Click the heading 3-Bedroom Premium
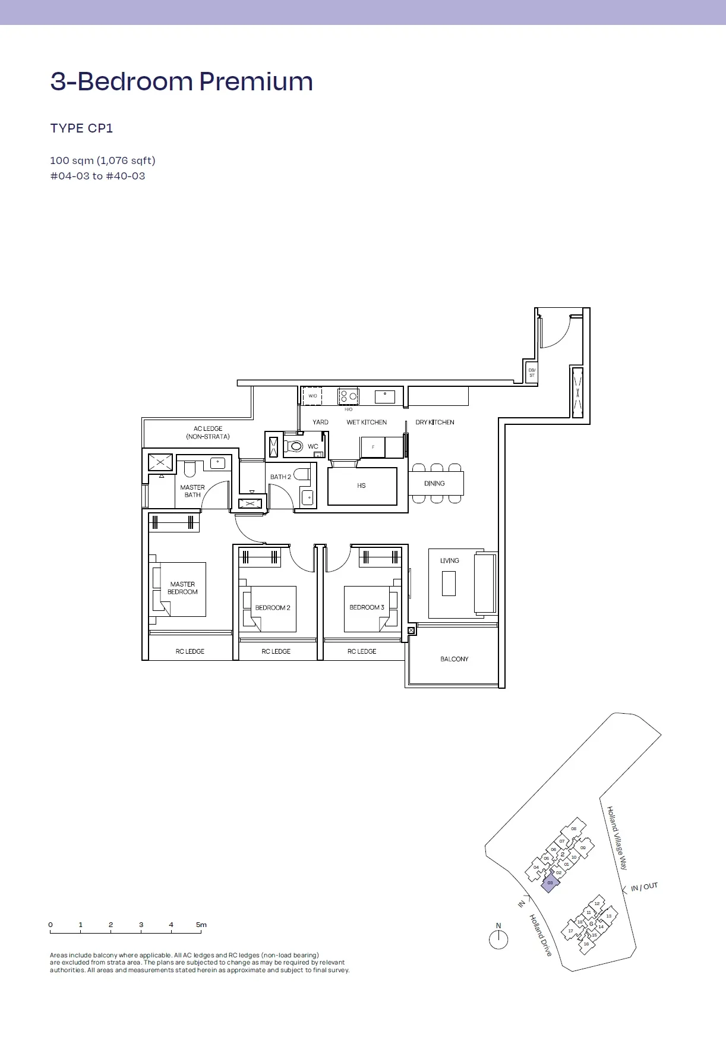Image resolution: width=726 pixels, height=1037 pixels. [182, 81]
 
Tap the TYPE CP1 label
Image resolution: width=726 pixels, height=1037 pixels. [81, 128]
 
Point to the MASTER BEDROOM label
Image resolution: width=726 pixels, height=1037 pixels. [182, 588]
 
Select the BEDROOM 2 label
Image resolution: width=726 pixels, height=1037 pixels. [273, 607]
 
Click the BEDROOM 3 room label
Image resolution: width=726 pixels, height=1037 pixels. [367, 607]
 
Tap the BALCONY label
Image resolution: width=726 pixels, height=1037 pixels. [454, 659]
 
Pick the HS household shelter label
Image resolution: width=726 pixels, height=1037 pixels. [361, 486]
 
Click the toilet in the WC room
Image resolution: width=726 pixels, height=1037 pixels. [294, 446]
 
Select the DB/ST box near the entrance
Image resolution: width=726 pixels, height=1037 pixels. [532, 373]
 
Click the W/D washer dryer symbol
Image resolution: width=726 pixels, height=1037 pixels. [313, 396]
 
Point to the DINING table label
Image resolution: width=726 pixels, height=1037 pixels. [434, 483]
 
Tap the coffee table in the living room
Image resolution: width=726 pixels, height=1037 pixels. [449, 583]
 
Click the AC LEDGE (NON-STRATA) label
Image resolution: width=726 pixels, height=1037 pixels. [208, 432]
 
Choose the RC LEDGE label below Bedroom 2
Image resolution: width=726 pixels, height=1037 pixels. [276, 651]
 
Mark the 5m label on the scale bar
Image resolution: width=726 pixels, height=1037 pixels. [201, 925]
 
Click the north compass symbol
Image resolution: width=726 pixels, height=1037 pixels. [498, 940]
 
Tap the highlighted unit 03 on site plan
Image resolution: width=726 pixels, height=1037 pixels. [550, 882]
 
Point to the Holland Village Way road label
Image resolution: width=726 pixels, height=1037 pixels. [617, 838]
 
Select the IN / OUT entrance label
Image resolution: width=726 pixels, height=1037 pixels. [645, 887]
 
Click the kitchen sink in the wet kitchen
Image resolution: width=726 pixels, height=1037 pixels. [385, 396]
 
